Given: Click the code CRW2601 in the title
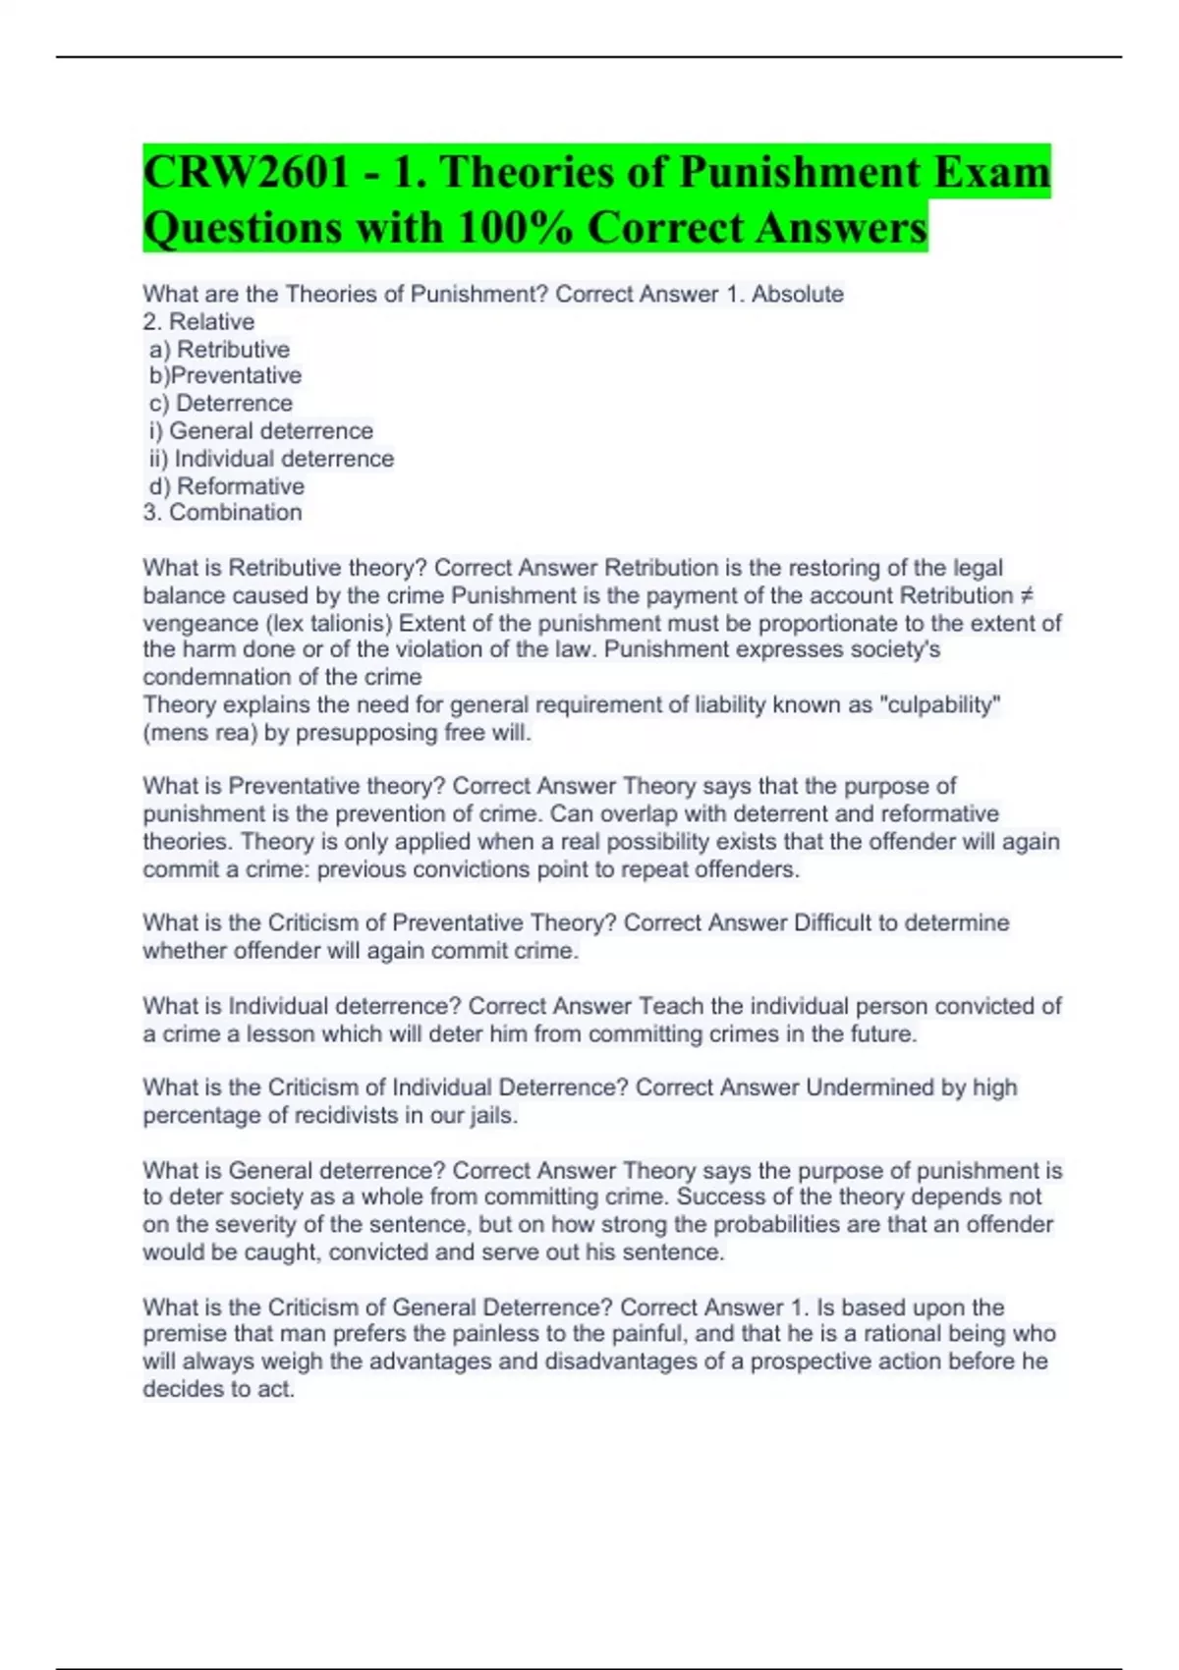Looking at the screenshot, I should coord(246,173).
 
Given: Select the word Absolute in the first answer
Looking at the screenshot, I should coord(797,294).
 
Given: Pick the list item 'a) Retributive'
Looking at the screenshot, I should coord(220,349).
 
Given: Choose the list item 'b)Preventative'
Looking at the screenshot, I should coord(225,375).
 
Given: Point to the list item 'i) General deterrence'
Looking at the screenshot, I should coord(261,430).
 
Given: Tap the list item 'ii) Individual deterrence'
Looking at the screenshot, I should coord(271,458).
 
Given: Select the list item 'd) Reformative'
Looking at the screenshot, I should coord(227,485).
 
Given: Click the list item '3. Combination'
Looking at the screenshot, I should coord(222,512).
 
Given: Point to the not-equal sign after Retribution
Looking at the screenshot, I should coord(1027,595).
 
